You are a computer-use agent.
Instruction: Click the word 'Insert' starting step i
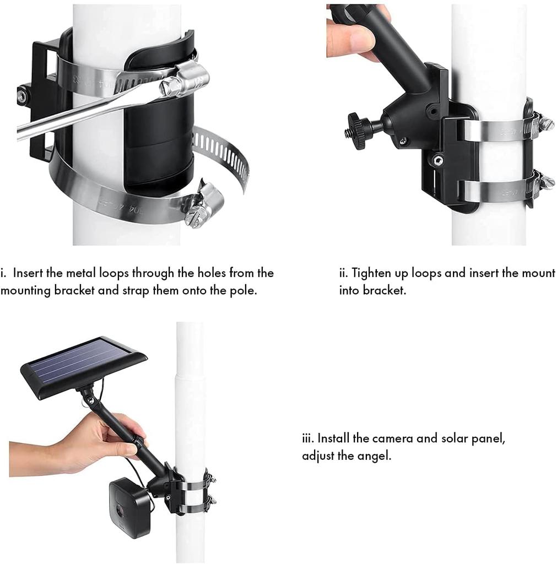pyautogui.click(x=28, y=273)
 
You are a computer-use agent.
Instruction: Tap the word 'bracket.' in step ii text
pyautogui.click(x=384, y=290)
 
